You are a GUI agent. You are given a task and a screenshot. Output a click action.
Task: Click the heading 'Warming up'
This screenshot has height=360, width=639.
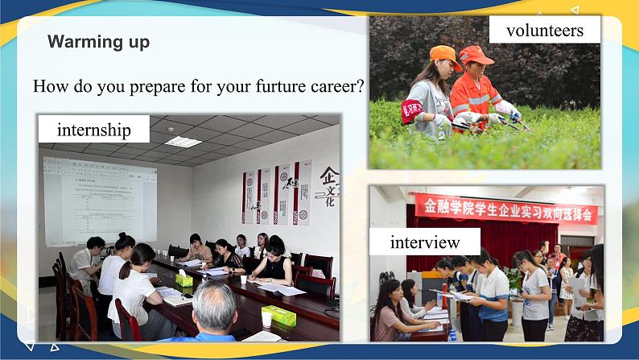[x=98, y=42]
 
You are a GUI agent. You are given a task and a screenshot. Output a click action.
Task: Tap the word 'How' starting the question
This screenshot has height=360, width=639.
[x=50, y=86]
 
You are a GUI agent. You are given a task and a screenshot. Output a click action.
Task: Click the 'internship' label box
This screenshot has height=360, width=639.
[x=93, y=129]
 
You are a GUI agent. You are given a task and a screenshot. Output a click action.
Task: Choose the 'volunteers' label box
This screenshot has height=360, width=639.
[x=545, y=31]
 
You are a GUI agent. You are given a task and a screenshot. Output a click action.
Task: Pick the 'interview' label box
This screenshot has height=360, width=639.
[x=425, y=242]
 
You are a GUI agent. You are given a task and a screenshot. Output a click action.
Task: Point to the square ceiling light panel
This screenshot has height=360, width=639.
[x=183, y=142]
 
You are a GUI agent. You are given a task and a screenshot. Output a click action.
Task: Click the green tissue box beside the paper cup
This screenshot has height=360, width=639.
[x=278, y=315]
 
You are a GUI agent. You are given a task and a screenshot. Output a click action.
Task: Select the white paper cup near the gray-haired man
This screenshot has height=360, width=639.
[x=266, y=319]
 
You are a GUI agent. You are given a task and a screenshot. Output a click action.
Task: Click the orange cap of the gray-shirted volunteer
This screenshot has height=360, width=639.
[x=445, y=56]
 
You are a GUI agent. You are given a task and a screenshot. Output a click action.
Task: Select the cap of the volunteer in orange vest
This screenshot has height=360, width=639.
[x=476, y=55]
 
